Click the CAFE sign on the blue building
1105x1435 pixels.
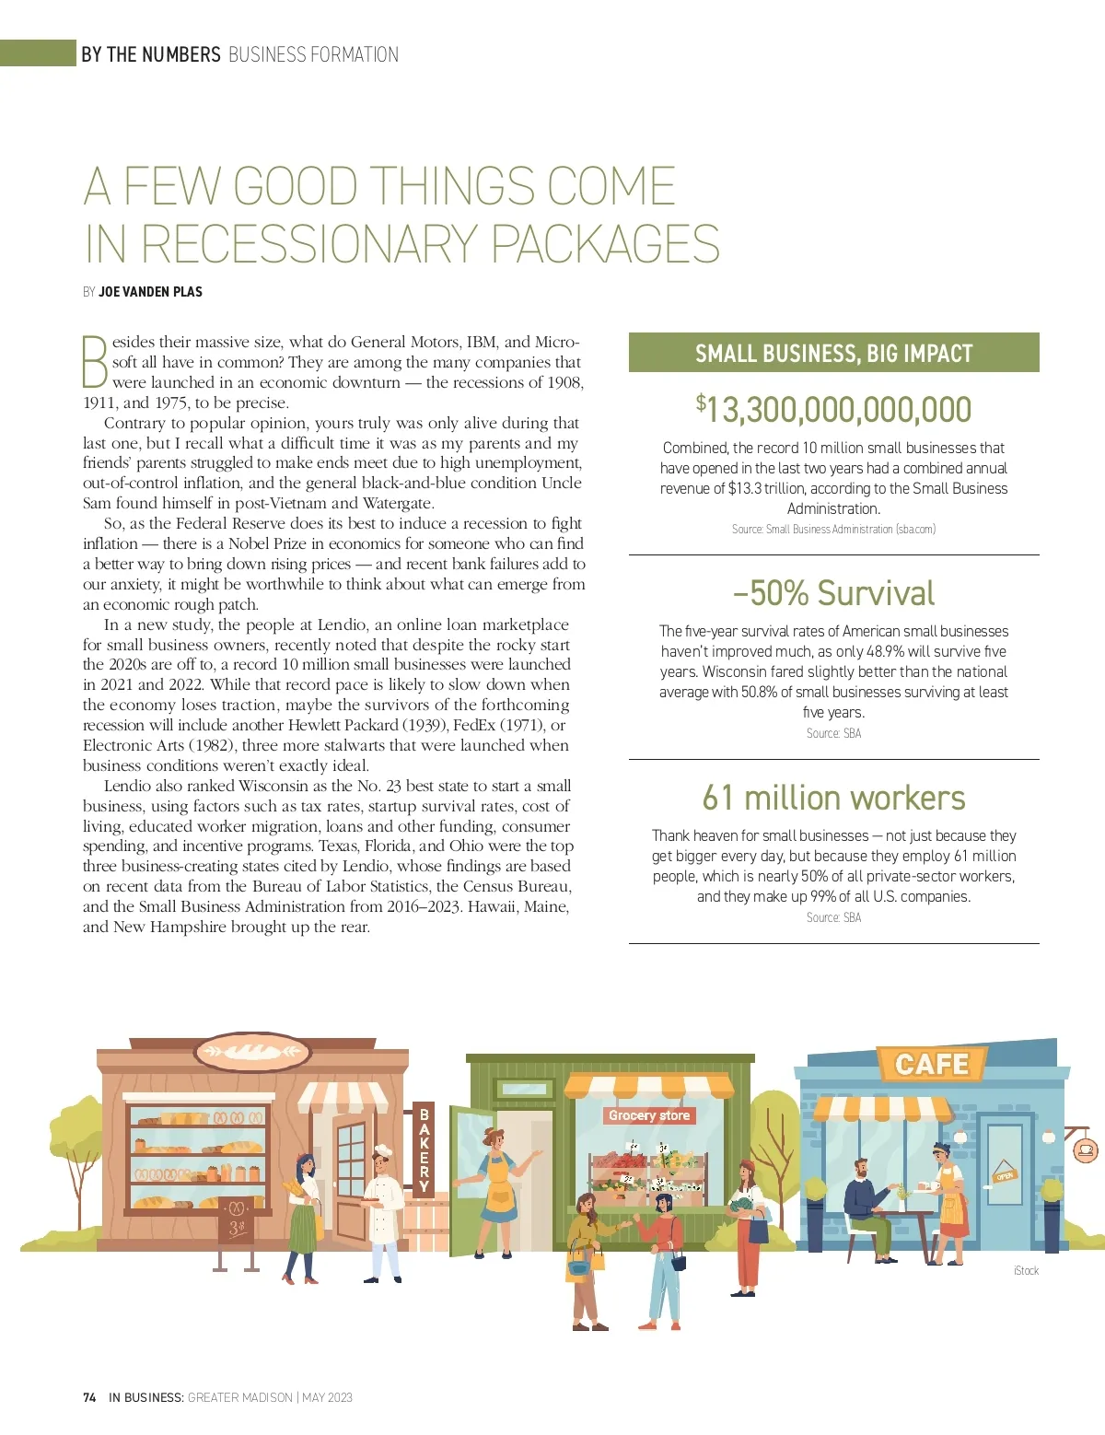(x=932, y=1065)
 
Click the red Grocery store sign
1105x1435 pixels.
(x=649, y=1115)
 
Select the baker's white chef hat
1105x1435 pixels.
(x=383, y=1150)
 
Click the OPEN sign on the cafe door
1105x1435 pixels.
(x=1004, y=1175)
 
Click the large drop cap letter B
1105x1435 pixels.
(x=95, y=362)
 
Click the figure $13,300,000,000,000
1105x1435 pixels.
(x=833, y=410)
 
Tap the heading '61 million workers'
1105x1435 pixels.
(x=833, y=798)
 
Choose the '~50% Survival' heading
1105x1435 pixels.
(x=833, y=593)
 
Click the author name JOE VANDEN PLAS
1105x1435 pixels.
(x=150, y=292)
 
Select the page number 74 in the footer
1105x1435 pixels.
(x=89, y=1397)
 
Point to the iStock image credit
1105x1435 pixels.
(x=1026, y=1271)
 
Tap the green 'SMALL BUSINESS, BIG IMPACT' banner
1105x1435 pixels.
(x=833, y=353)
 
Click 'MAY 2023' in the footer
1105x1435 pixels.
(x=327, y=1397)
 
